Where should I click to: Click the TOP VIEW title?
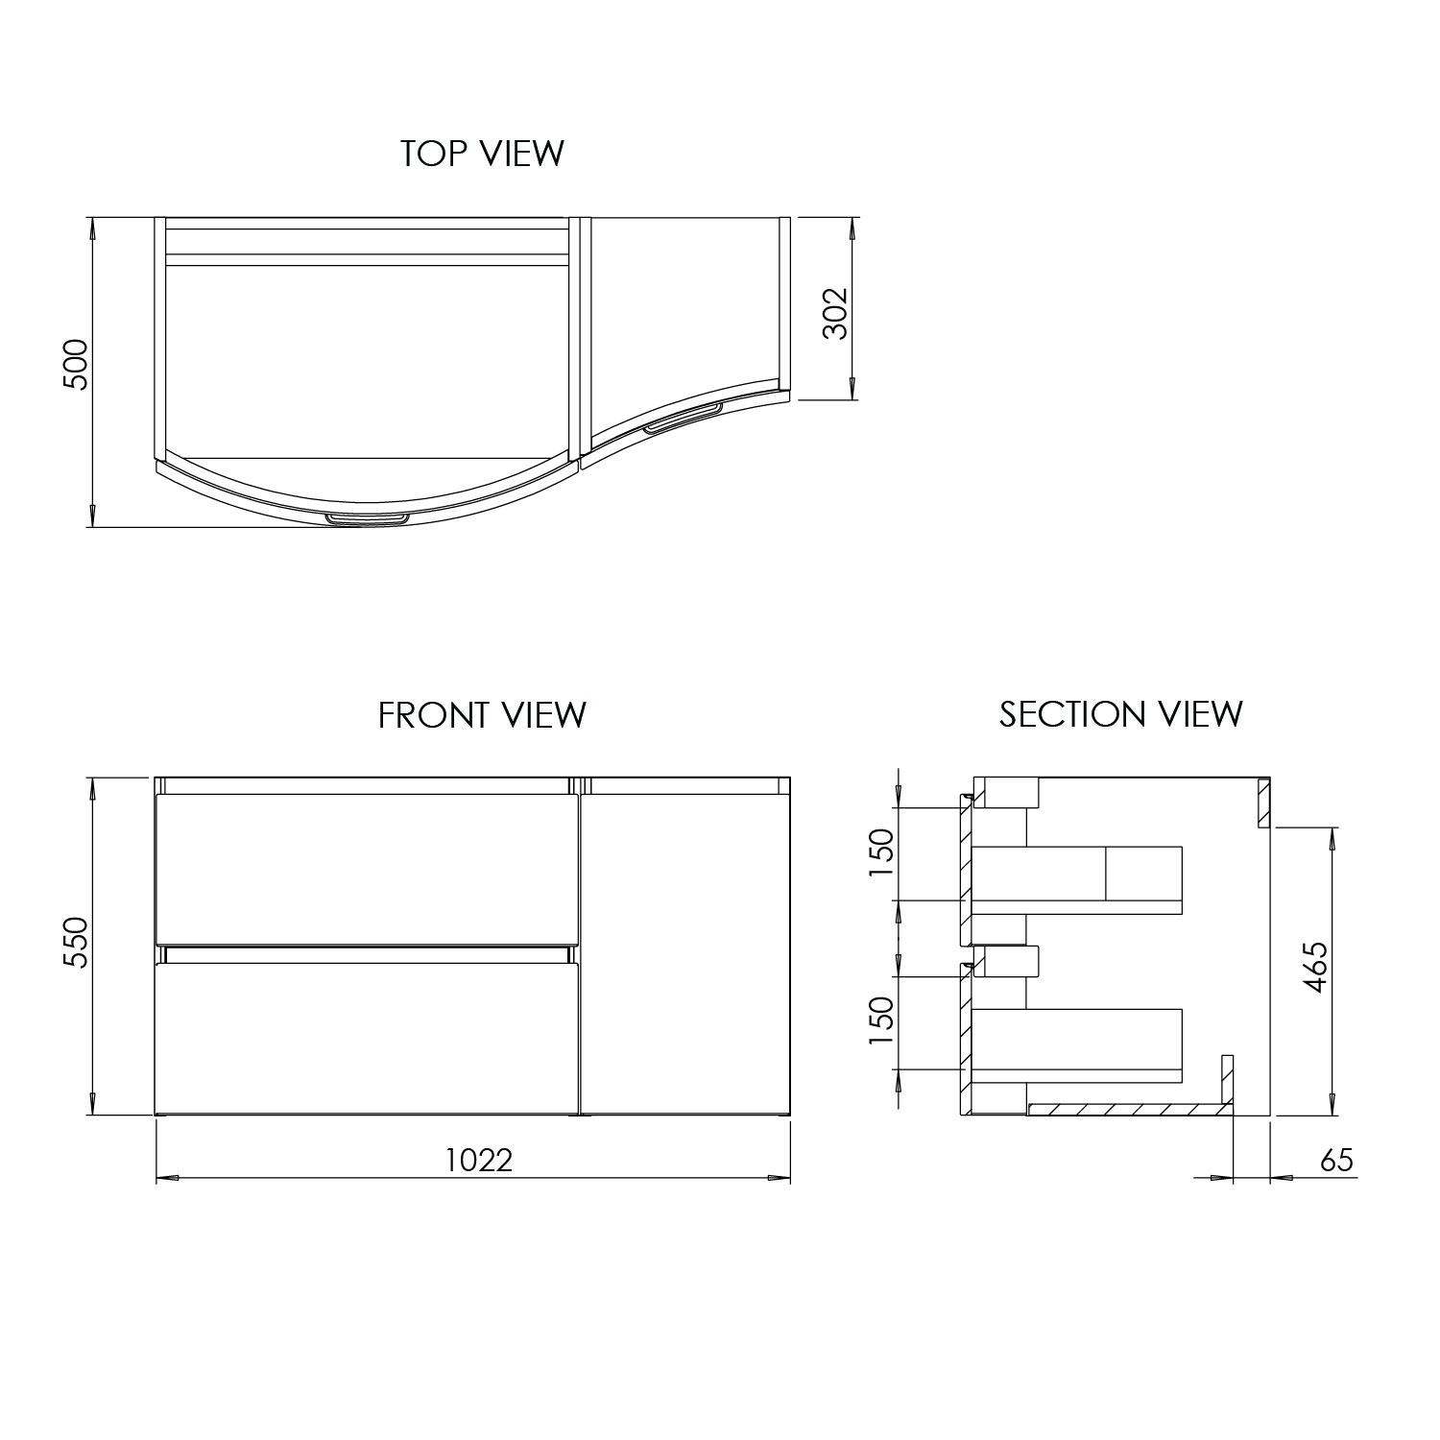[482, 154]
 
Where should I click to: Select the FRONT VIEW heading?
[482, 715]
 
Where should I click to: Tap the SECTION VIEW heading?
[1120, 714]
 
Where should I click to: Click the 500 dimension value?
[75, 364]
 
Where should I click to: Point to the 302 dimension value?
[836, 313]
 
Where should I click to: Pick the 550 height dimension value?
[75, 943]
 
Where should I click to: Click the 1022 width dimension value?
[479, 1161]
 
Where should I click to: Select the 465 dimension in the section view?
[1316, 967]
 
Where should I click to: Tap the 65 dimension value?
[1336, 1161]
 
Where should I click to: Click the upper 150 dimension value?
[881, 853]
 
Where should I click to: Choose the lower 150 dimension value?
[881, 1022]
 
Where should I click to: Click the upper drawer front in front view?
[367, 869]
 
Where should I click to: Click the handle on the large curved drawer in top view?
[367, 519]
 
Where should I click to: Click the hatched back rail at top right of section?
[1264, 804]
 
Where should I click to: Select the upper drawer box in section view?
[1076, 878]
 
